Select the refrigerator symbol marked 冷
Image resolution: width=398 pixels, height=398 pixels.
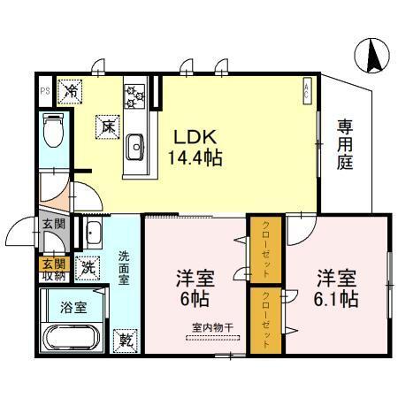point(71,89)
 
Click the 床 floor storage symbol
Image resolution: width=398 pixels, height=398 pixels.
point(106,126)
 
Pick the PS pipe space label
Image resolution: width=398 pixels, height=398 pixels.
point(44,90)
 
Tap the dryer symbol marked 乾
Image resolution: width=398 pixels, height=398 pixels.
point(126,339)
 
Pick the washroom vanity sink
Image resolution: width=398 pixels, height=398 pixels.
point(93,233)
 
